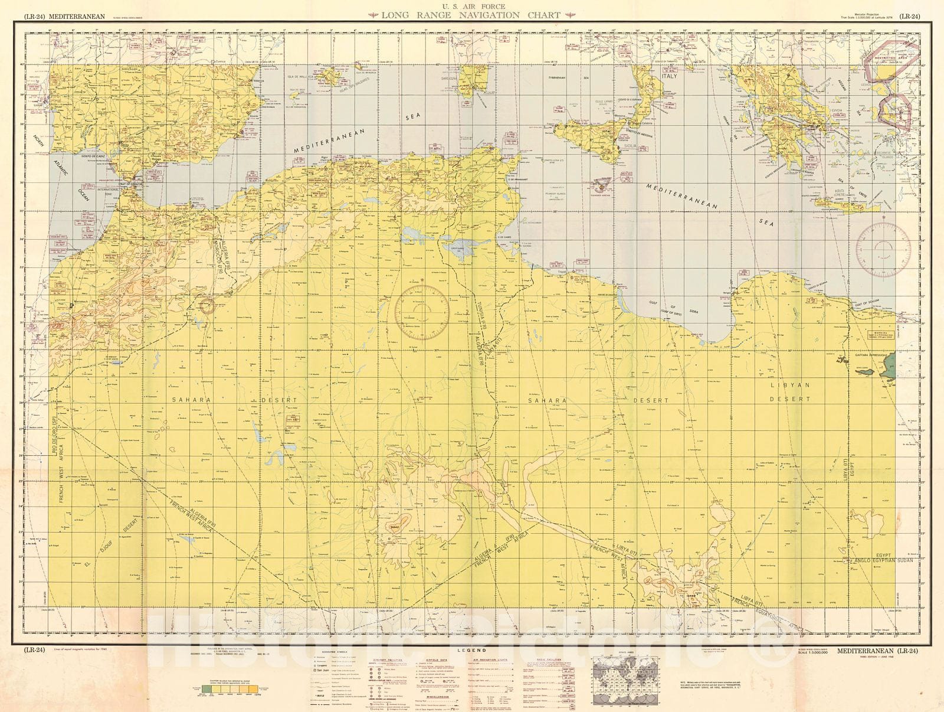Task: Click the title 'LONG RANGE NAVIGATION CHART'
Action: coord(471,16)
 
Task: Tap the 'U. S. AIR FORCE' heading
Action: coord(471,6)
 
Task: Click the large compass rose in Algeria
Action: coord(422,313)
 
